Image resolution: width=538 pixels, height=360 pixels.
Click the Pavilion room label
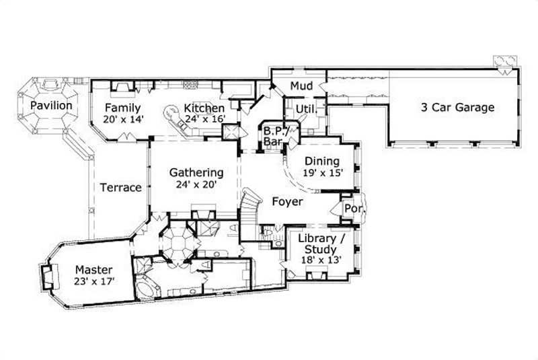coord(50,106)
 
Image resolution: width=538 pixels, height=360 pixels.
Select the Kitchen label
coord(204,108)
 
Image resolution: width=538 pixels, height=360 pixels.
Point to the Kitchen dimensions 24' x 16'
coord(204,119)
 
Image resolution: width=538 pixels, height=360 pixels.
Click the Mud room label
coord(300,86)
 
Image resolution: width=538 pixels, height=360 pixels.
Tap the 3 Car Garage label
coord(457,107)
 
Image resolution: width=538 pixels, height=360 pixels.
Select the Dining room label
coord(323,161)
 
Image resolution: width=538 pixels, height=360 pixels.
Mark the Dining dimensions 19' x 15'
coord(323,172)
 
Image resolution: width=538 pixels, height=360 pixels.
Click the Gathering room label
coord(196,172)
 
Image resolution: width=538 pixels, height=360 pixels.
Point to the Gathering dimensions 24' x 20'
coord(196,184)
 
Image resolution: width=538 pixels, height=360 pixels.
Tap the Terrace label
coord(121,188)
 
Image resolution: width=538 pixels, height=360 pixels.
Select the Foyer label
coord(287,201)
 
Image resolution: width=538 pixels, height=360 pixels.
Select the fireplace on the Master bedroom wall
coord(48,277)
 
